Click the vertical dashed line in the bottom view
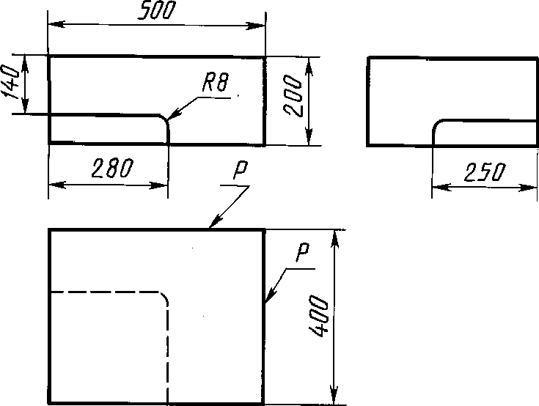[169, 352]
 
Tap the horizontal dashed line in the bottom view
[103, 292]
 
